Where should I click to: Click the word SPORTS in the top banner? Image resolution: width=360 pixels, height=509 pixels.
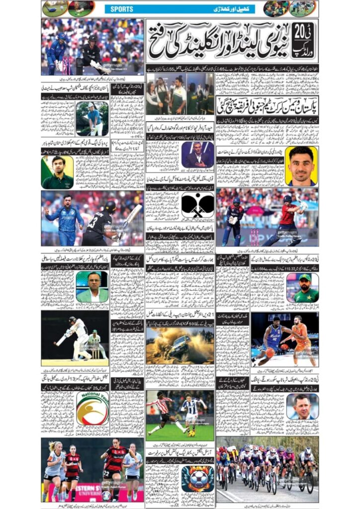(122, 9)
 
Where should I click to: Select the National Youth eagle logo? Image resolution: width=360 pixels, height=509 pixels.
(92, 408)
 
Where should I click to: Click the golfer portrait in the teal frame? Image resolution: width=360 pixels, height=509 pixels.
(93, 119)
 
